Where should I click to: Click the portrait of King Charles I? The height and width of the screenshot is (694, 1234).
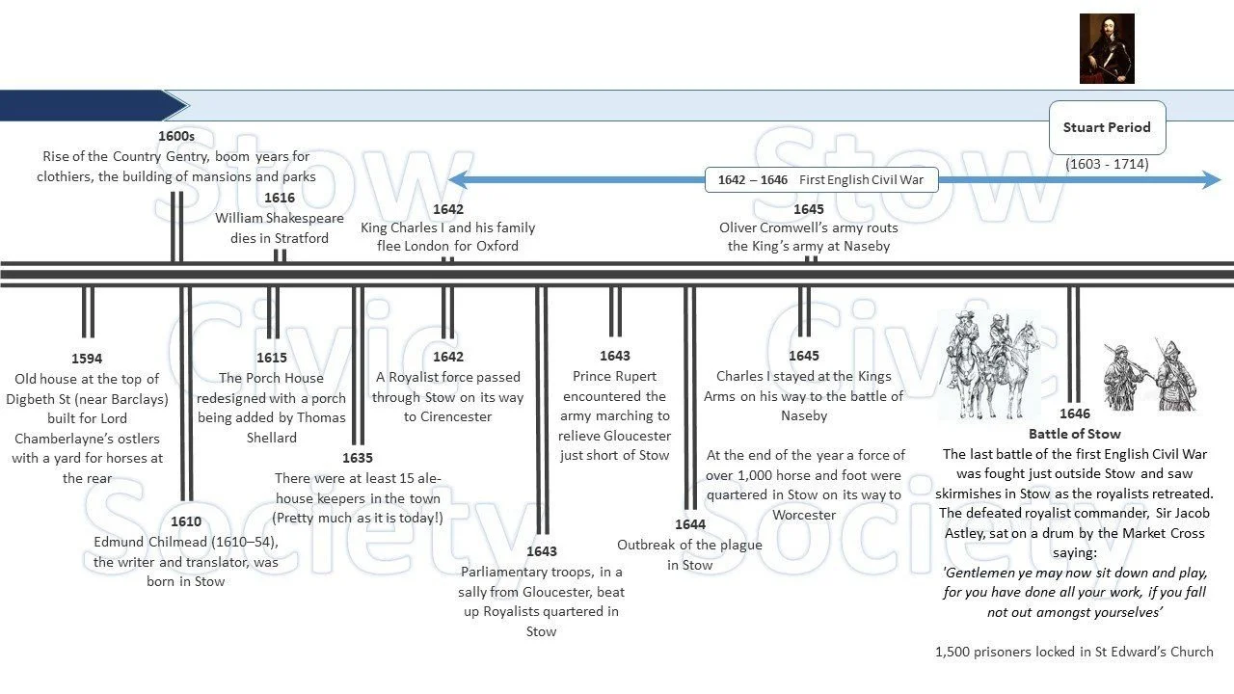tap(1107, 48)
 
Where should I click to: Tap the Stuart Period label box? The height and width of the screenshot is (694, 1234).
tap(1107, 127)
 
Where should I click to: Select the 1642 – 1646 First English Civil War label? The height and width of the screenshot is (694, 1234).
tap(820, 179)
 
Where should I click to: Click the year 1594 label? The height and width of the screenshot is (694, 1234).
tap(87, 359)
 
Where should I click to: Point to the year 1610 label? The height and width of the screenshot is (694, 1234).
tap(186, 521)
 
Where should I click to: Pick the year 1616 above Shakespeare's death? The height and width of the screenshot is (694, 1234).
tap(280, 198)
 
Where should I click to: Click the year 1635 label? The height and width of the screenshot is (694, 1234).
tap(357, 458)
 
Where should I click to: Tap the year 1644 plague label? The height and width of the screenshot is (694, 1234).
tap(690, 524)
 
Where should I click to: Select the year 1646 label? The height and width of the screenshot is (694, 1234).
tap(1075, 414)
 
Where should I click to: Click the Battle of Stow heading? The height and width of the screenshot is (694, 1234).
tap(1075, 434)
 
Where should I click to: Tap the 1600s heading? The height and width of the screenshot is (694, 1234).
tap(176, 137)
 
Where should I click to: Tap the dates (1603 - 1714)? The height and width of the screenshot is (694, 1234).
tap(1107, 164)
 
